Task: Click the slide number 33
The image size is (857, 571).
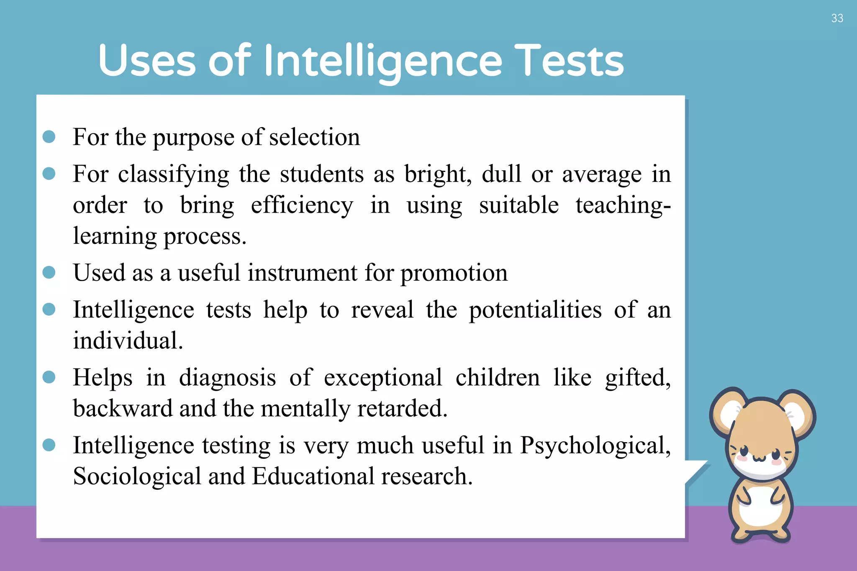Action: (x=837, y=18)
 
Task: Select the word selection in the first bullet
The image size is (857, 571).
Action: (x=314, y=137)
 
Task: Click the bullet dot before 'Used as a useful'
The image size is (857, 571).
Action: (x=49, y=272)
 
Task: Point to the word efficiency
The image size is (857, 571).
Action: (x=302, y=206)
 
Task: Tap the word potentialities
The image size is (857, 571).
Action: (x=535, y=310)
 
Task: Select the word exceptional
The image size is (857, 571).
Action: (x=383, y=378)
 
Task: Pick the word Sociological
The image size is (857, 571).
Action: (x=137, y=476)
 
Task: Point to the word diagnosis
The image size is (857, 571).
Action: (x=227, y=378)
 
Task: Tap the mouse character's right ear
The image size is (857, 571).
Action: (x=795, y=414)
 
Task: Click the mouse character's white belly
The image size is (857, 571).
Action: (x=760, y=506)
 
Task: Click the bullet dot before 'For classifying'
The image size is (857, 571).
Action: (x=49, y=174)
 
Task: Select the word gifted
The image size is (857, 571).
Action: (x=637, y=378)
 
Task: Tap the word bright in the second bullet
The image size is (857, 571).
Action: (x=437, y=174)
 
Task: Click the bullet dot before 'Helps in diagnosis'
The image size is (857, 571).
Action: (x=49, y=377)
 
